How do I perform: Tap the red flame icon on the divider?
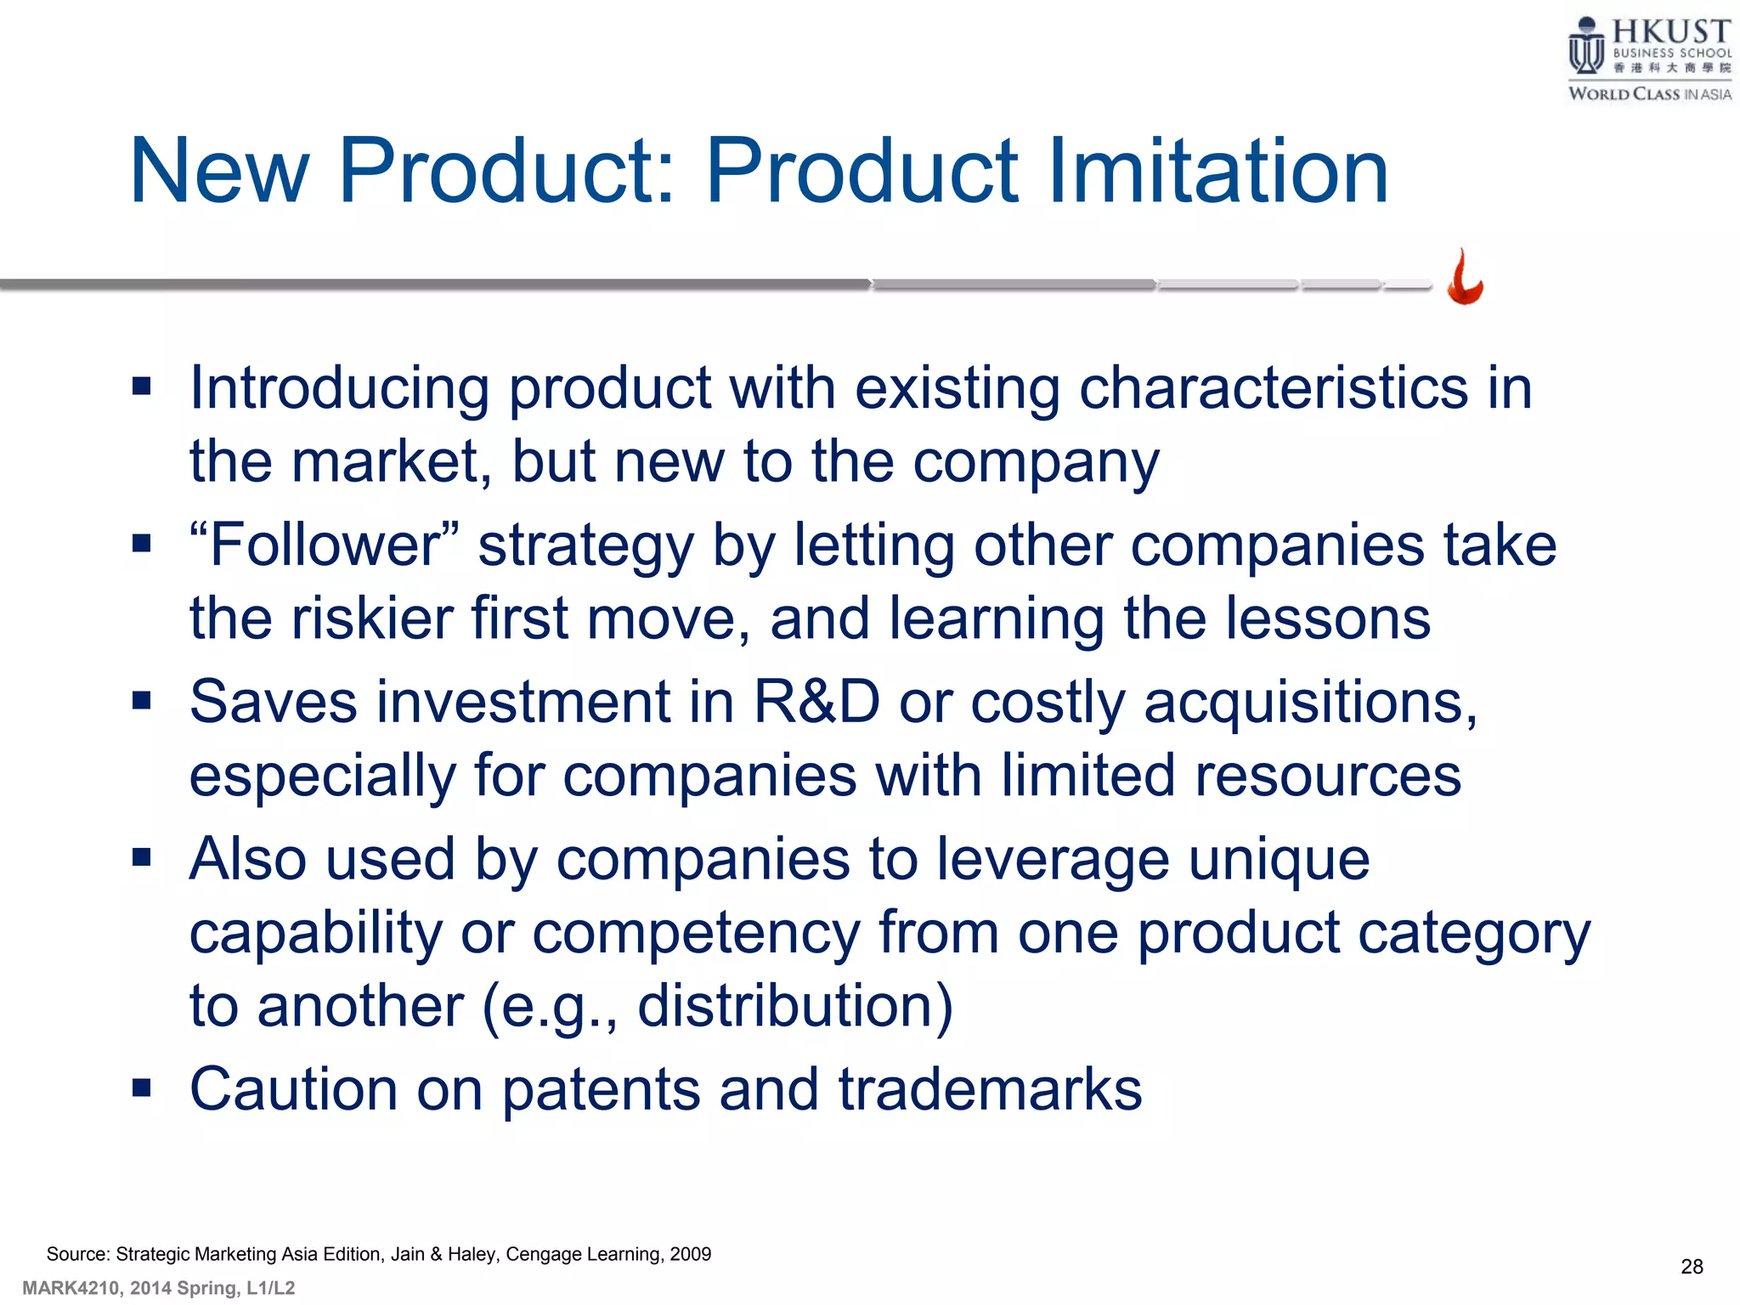(x=1465, y=279)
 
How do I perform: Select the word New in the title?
(x=219, y=172)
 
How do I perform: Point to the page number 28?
(x=1692, y=1267)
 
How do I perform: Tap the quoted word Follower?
(x=324, y=545)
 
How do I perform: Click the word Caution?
(x=293, y=1090)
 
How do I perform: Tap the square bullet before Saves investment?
(x=142, y=701)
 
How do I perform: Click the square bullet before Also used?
(x=142, y=857)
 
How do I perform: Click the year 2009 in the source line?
(x=690, y=1254)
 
